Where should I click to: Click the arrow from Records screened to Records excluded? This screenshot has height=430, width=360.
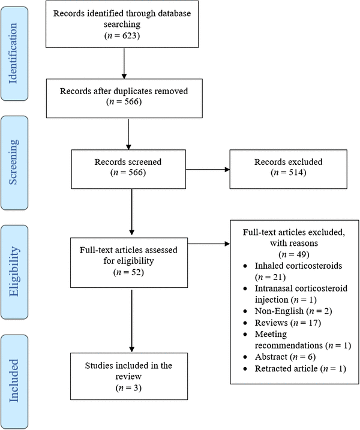click(207, 170)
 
